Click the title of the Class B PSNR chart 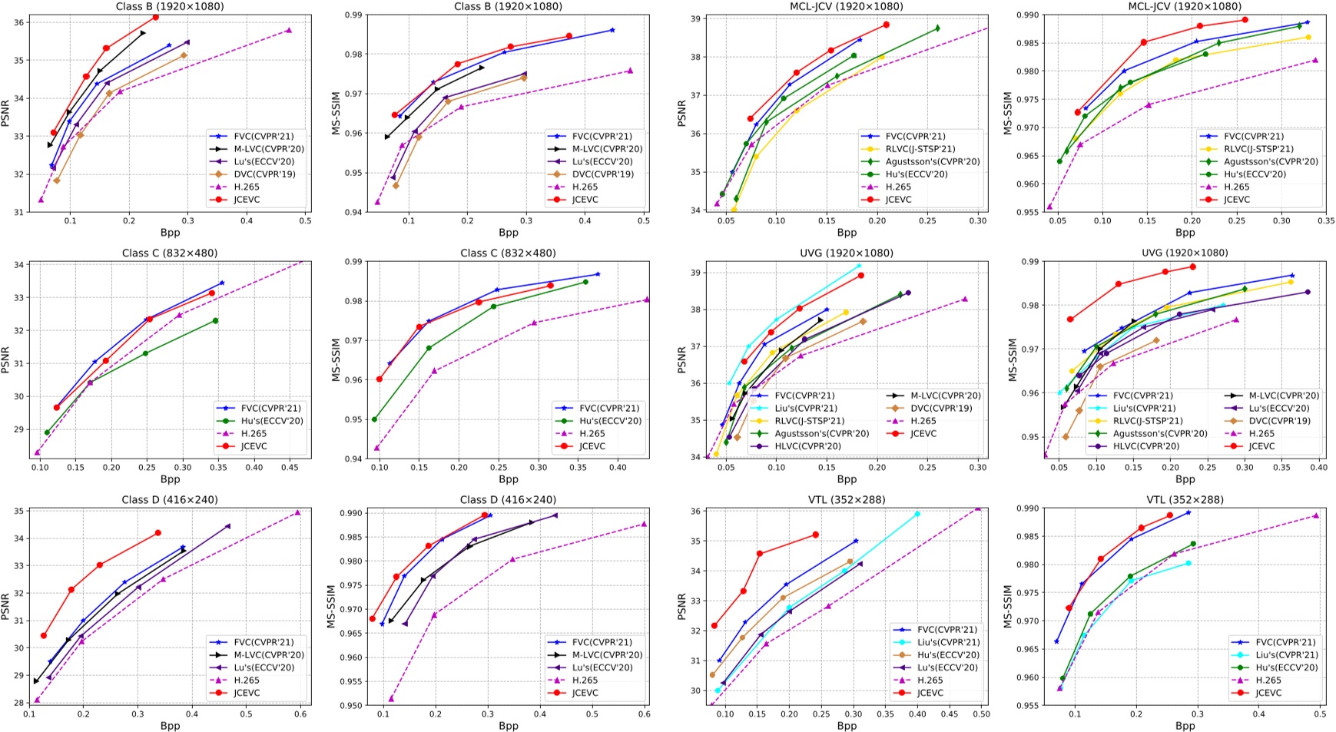tap(170, 6)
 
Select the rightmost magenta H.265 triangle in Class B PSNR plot tap(288, 30)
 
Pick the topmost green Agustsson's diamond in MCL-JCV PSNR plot tap(937, 28)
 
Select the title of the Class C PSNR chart tap(170, 253)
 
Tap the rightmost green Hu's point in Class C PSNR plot tap(215, 320)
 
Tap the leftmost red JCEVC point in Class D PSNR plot tap(44, 635)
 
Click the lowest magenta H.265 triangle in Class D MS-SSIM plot tap(391, 698)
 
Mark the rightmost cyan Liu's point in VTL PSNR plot tap(917, 514)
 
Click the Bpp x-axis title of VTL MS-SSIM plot tap(1185, 725)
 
